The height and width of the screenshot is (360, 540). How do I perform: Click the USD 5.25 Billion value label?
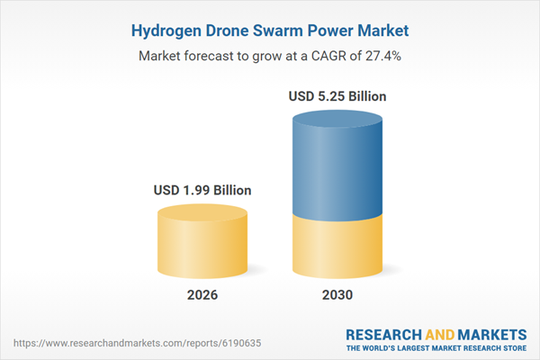click(338, 95)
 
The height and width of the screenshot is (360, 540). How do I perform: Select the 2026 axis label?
click(202, 295)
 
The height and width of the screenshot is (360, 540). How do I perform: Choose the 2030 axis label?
click(338, 295)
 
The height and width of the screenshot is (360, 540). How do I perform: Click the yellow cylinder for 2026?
click(202, 247)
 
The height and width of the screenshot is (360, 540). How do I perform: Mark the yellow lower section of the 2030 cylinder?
click(338, 247)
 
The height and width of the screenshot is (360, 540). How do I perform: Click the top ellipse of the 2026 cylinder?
click(202, 214)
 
